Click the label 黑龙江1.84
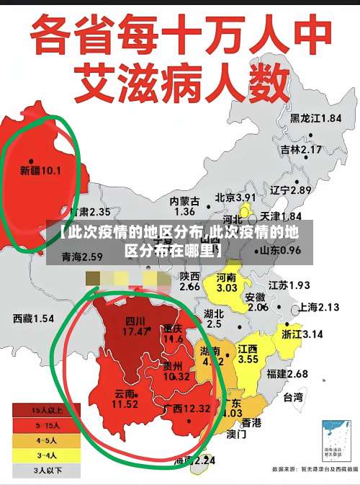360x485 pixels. tap(315, 118)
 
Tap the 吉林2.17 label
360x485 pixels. tap(301, 149)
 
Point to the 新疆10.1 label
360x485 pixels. tap(40, 171)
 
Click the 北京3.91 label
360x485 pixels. tap(235, 197)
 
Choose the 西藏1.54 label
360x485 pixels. tap(33, 318)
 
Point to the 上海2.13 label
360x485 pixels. tap(318, 307)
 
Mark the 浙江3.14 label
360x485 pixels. tap(302, 334)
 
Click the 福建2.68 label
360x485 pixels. tap(287, 373)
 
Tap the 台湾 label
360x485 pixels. tap(293, 397)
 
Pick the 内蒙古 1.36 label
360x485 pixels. tap(184, 206)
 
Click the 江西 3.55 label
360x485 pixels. tap(248, 354)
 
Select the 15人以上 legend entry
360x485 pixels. tap(48, 410)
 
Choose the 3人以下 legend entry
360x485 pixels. tap(48, 471)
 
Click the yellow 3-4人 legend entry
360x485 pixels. tap(48, 455)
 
